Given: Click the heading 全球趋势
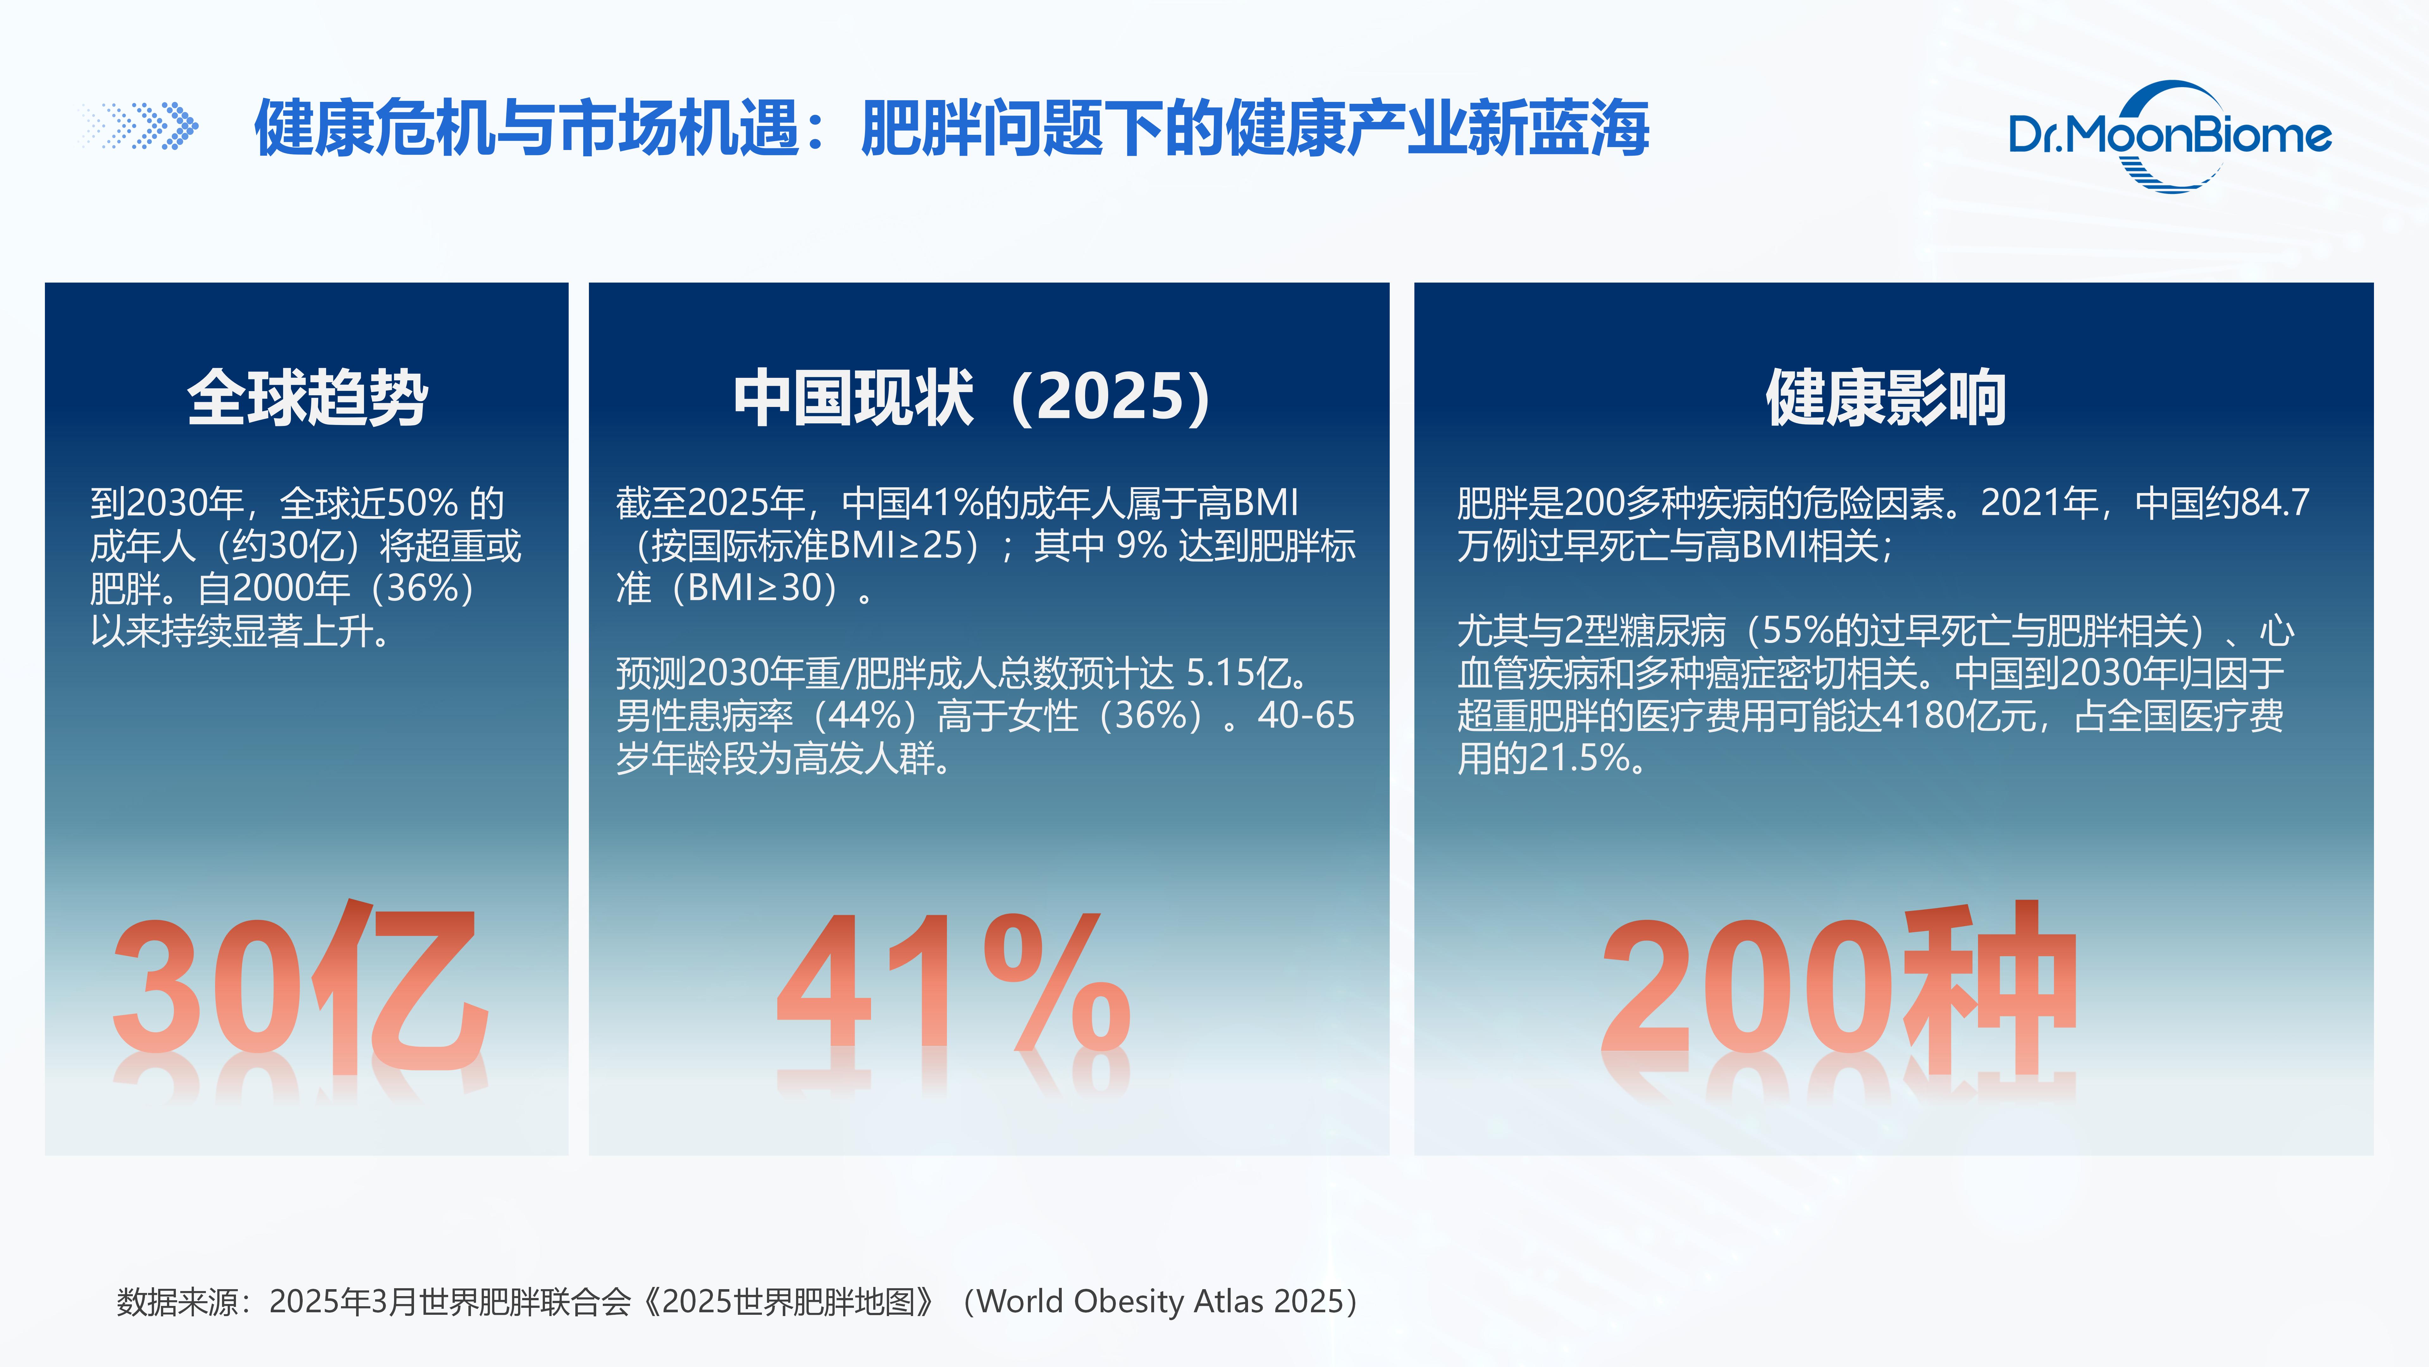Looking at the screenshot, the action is (x=307, y=397).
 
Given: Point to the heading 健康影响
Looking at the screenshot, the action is (x=1886, y=397).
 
